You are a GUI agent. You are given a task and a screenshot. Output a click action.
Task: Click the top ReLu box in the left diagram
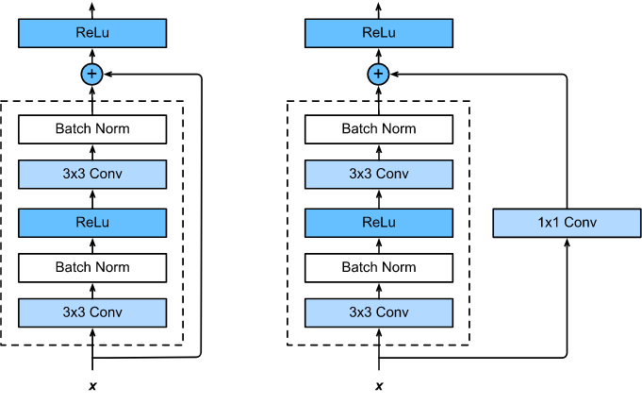pos(92,33)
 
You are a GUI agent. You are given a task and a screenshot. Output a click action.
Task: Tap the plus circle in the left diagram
pos(92,74)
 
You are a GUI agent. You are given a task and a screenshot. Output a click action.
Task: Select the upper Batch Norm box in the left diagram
pos(92,129)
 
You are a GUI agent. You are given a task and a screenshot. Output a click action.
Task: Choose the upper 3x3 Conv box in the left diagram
pos(92,174)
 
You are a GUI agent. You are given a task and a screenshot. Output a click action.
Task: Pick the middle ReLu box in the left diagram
pos(92,223)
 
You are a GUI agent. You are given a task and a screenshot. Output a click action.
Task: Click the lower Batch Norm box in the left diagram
pos(92,267)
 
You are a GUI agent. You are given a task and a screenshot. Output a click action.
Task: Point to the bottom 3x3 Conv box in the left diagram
pos(92,312)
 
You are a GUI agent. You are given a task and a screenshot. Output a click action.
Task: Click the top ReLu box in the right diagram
pos(379,33)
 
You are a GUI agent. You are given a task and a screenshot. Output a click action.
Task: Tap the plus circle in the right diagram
pos(379,74)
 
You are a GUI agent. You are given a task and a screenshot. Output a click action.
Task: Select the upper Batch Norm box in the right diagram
pos(379,129)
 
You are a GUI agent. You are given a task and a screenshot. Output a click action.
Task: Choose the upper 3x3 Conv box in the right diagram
pos(379,174)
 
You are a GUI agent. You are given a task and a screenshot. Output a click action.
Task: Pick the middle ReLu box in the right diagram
pos(379,223)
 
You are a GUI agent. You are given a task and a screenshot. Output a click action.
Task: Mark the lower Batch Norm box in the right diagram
pos(379,267)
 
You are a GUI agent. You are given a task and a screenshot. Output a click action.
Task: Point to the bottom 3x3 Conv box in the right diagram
pos(379,312)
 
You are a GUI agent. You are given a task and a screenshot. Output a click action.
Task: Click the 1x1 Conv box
pos(567,223)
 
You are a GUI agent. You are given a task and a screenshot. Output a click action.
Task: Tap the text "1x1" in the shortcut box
pos(550,223)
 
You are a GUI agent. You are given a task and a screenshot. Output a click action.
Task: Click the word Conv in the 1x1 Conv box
pos(581,223)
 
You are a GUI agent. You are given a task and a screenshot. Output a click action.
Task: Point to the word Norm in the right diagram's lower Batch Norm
pos(398,267)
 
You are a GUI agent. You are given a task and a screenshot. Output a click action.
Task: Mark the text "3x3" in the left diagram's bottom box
pos(74,312)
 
